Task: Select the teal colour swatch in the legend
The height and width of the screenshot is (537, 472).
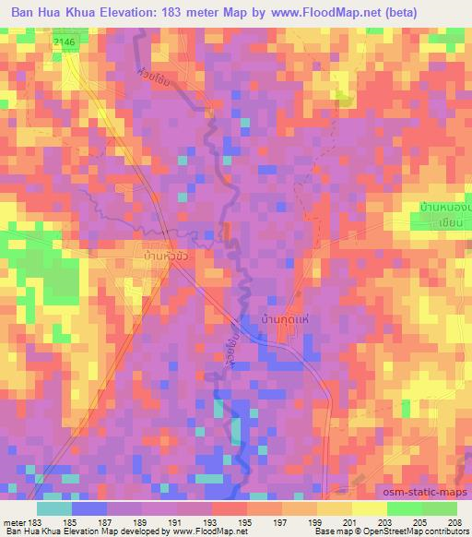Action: [53, 508]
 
